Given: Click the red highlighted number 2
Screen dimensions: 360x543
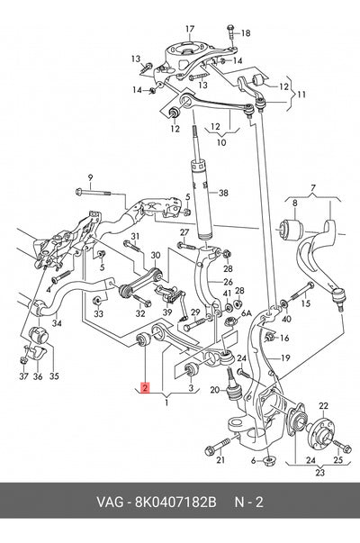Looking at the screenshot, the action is click(145, 387).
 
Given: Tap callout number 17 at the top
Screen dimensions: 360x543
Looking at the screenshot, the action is click(190, 29).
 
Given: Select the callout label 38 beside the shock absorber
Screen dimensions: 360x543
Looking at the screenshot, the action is click(223, 192).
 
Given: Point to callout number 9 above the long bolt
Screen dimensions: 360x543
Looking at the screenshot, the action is click(90, 178).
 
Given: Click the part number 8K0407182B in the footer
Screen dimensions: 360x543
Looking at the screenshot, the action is click(175, 502).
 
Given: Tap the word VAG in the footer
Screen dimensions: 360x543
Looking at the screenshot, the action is click(110, 502).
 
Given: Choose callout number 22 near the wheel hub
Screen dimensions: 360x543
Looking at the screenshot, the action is click(323, 405).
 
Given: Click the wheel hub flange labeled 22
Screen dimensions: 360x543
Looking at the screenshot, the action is click(321, 434).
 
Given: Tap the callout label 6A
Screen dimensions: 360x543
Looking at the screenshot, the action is click(247, 313).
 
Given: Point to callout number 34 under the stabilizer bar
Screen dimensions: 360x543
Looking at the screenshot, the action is click(57, 323).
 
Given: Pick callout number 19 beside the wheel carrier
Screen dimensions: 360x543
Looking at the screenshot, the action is click(285, 357).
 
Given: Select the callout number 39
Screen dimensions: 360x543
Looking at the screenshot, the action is click(167, 312).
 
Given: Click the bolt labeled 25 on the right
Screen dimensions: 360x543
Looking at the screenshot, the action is click(341, 447).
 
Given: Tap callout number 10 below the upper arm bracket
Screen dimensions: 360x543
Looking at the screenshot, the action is click(221, 142).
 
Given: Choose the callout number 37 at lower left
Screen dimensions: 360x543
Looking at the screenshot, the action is click(23, 376).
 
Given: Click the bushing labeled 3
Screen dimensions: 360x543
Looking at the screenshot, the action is click(190, 370).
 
